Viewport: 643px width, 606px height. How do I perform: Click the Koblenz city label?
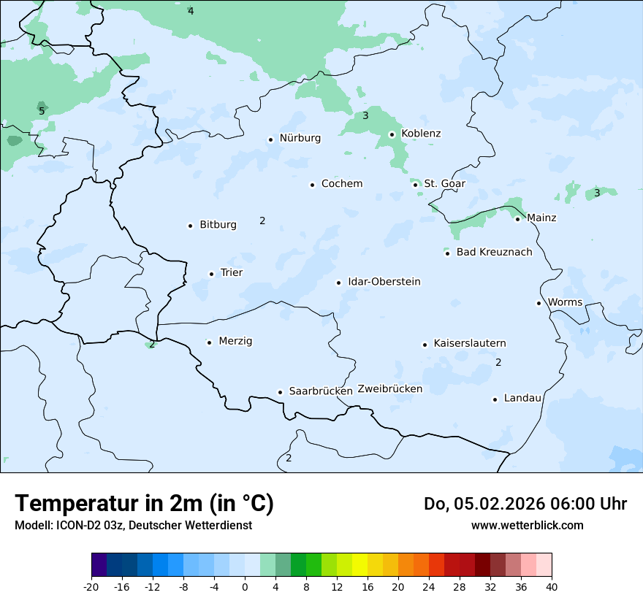click(421, 134)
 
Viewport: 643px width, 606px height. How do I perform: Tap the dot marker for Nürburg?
click(270, 139)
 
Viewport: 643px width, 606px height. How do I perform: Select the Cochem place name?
click(342, 184)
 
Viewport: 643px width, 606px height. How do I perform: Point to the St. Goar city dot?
click(415, 185)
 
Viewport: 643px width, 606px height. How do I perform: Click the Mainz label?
click(541, 218)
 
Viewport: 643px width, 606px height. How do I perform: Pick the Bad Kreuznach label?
click(494, 252)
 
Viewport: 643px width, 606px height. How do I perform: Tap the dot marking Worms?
click(539, 303)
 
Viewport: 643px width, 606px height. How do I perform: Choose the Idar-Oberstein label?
click(384, 282)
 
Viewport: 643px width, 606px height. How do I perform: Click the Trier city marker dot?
click(211, 274)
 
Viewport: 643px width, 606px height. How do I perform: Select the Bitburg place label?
click(218, 225)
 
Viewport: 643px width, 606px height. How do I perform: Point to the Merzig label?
click(235, 341)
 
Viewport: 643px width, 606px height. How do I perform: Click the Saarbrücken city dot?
click(280, 392)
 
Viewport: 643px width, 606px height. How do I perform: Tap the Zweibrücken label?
click(390, 389)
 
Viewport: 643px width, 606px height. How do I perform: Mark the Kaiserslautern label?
click(470, 343)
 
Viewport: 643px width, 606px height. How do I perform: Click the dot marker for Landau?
click(495, 399)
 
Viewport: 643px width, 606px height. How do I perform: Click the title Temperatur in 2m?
click(145, 504)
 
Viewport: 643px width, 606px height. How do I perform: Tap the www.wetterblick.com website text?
click(528, 525)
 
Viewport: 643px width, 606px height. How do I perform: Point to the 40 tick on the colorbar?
click(552, 586)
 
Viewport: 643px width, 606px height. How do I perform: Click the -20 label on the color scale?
click(91, 586)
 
